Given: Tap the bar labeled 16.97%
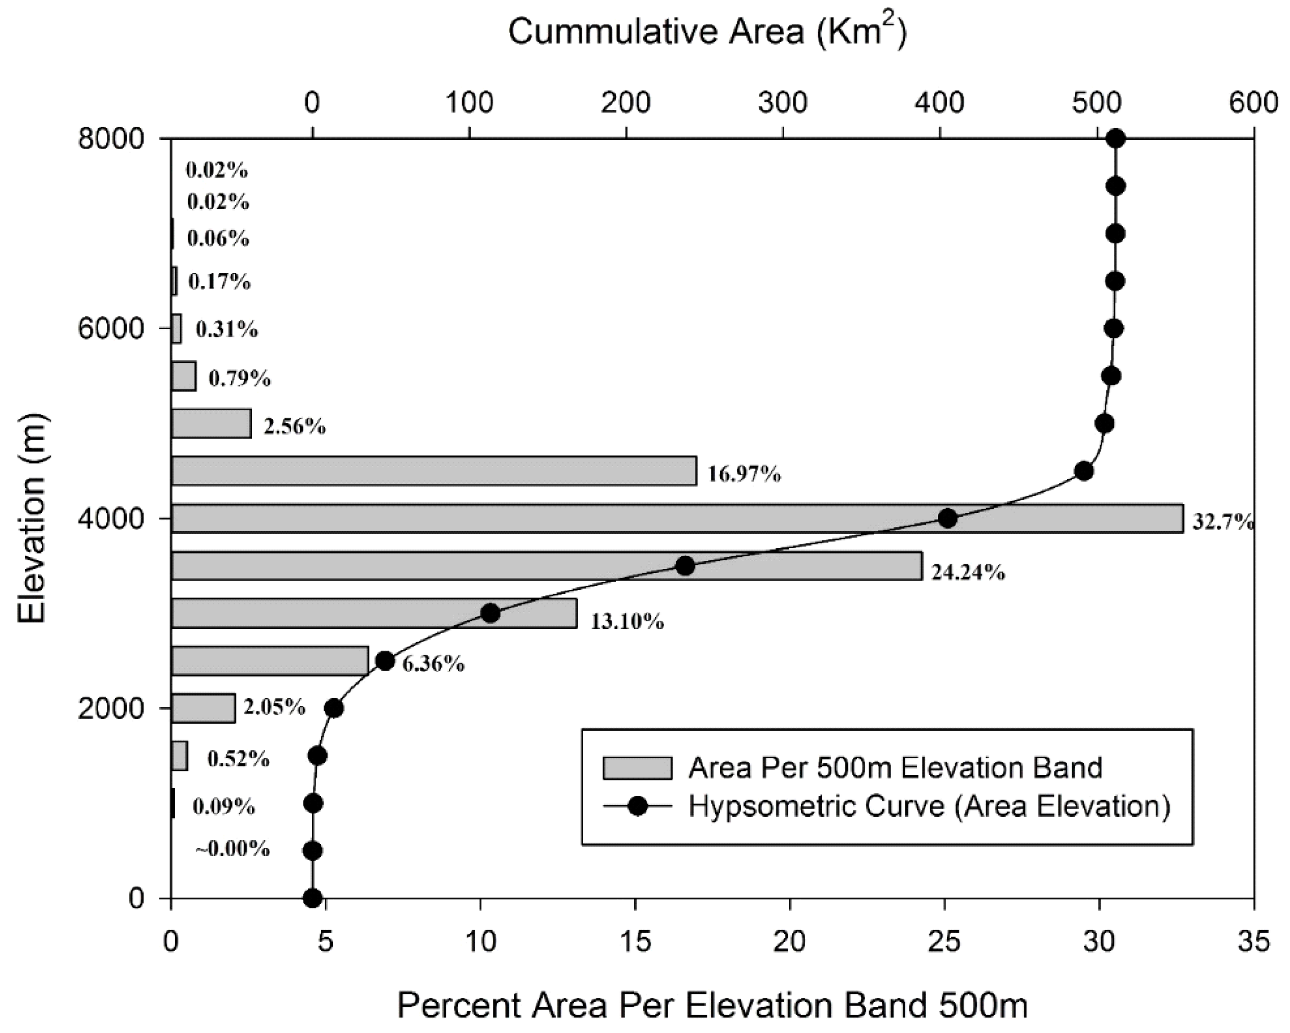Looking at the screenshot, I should pos(434,471).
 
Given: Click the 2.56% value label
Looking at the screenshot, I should pos(295,426).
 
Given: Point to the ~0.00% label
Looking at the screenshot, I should pos(233,849).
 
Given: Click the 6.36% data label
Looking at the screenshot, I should pos(434,664).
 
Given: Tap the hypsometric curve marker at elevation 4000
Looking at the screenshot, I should pos(947,519).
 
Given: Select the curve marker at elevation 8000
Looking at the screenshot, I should pos(1115,139).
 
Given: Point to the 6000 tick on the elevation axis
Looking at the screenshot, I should pos(111,328).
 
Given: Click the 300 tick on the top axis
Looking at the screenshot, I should pos(783,103).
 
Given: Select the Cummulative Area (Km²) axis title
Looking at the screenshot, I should pos(707,32).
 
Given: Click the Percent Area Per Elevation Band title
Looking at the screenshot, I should pos(712,1006).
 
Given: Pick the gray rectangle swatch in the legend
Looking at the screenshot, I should pos(637,768).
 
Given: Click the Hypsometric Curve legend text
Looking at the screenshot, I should pos(929,807).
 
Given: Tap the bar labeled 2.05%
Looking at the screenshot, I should pos(204,709).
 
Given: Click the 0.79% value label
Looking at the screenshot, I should pos(239,379).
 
